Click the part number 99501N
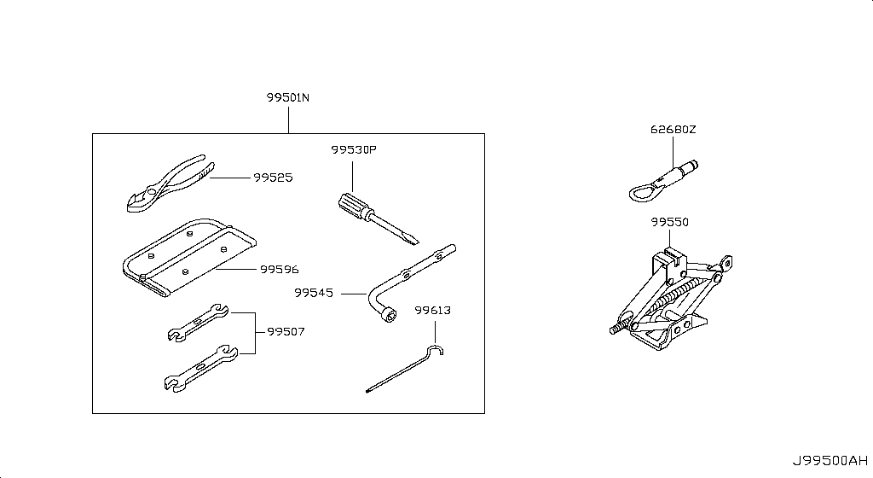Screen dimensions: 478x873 coord(288,98)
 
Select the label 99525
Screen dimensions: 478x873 coord(272,178)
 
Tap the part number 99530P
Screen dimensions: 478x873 coord(353,150)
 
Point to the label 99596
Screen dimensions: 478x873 coord(279,270)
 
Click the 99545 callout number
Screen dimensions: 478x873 coord(314,293)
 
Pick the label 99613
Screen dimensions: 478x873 coord(432,311)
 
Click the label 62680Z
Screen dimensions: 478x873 coord(674,131)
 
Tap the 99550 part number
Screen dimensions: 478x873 coord(669,222)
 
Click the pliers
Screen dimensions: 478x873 coord(166,181)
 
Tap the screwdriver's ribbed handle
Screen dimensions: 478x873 coord(353,205)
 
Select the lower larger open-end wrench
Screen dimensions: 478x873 coord(198,368)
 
